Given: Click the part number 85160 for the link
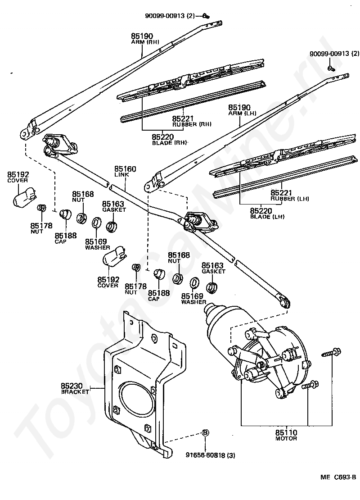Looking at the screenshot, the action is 125,169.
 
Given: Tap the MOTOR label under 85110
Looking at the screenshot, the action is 286,438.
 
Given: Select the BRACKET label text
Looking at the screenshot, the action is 75,391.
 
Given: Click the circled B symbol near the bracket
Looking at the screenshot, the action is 206,433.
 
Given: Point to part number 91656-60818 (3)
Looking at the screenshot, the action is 211,455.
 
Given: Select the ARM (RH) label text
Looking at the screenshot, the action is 145,42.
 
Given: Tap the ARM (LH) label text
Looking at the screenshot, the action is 242,113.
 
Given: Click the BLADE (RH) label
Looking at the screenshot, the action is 169,143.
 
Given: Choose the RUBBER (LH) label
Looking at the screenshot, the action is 290,199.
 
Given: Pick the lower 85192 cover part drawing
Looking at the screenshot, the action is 115,255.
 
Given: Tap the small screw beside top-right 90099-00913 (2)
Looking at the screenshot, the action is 330,68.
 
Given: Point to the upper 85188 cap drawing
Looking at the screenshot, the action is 66,214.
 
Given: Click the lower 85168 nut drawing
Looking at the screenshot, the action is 177,278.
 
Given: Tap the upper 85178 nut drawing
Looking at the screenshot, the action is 41,208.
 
